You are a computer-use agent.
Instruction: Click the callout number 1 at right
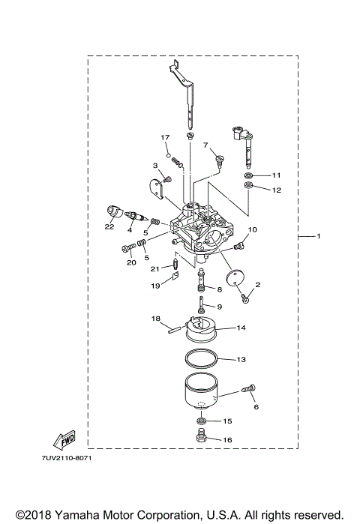[319, 237]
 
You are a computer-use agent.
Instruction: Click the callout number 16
[228, 441]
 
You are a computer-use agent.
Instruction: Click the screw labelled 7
[220, 159]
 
